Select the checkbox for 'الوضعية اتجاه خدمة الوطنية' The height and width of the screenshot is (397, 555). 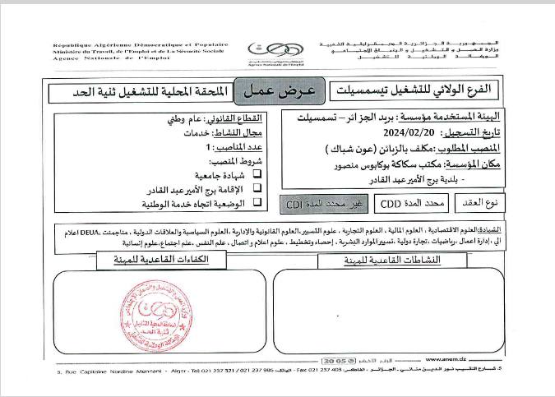point(257,201)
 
